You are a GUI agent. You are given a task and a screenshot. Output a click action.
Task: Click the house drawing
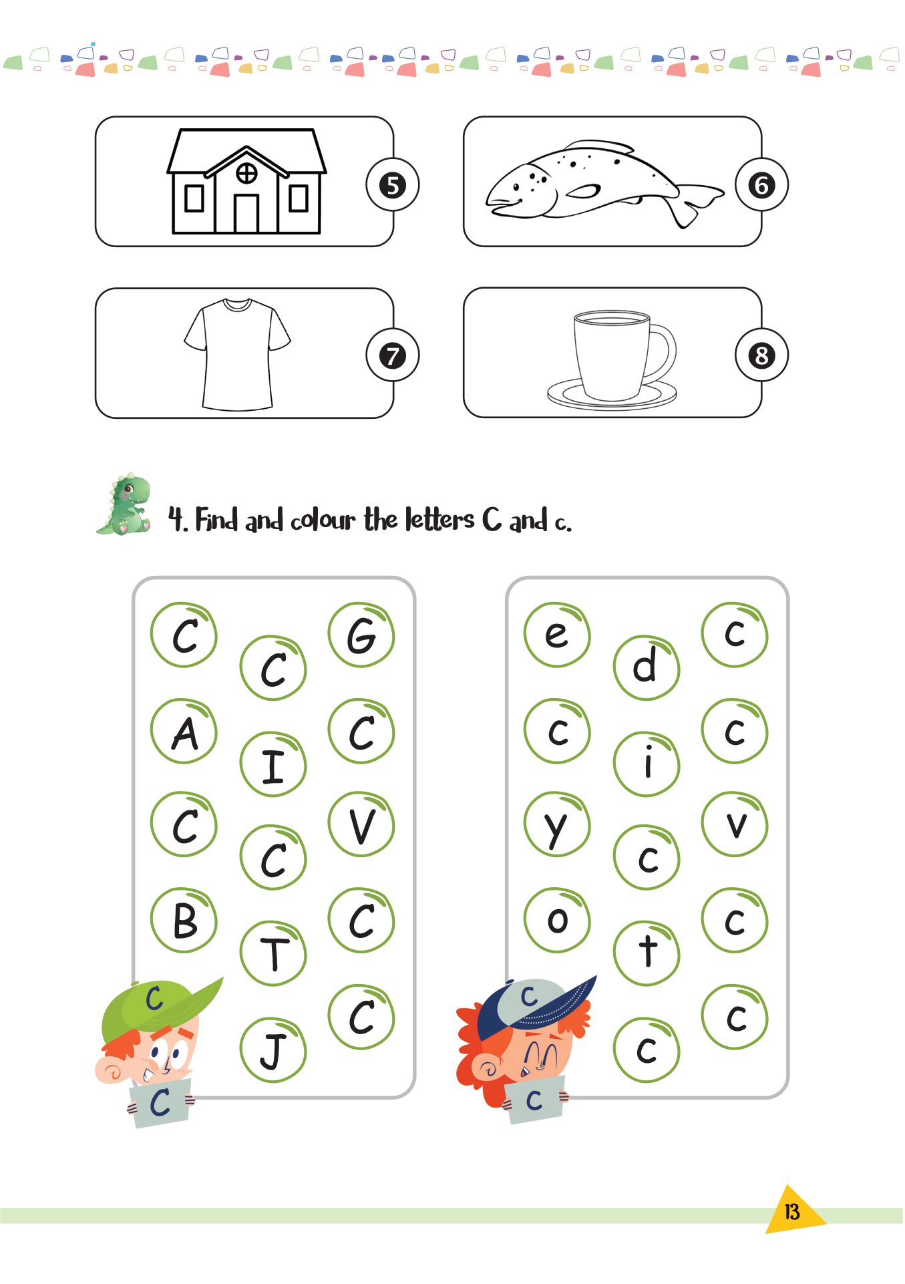click(246, 181)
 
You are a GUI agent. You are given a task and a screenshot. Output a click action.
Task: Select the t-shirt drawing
click(237, 354)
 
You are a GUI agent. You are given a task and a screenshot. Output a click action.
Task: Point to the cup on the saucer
click(612, 359)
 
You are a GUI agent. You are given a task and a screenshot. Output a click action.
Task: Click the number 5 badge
click(393, 185)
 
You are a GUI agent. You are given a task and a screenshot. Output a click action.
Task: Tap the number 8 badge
click(762, 355)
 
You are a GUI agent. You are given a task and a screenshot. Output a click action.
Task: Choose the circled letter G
click(361, 635)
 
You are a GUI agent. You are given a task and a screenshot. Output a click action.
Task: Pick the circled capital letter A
click(184, 732)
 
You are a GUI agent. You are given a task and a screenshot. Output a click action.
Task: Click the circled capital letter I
click(273, 764)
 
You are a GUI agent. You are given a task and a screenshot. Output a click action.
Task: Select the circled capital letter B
click(184, 921)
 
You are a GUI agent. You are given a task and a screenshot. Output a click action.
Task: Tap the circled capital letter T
click(273, 953)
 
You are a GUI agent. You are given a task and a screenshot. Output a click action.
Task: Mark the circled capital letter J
click(273, 1050)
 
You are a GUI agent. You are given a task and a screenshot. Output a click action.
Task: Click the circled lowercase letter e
click(558, 635)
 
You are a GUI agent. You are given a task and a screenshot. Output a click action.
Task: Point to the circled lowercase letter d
click(647, 667)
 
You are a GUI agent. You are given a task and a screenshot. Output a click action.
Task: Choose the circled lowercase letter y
click(558, 825)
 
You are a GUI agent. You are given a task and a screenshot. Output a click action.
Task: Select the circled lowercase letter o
click(558, 921)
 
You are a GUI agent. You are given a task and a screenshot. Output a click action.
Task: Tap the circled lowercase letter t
click(647, 953)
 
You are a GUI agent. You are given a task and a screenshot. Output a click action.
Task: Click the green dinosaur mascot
click(125, 504)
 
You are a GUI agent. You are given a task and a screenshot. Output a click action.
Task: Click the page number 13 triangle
click(793, 1211)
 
